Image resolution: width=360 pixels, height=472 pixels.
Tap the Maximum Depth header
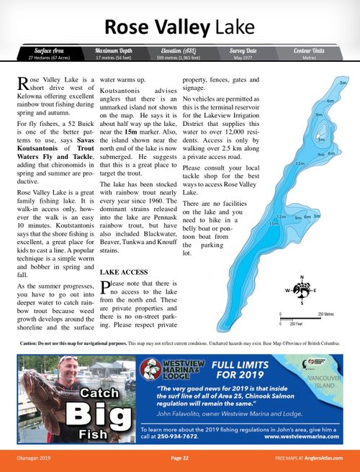[x=110, y=51]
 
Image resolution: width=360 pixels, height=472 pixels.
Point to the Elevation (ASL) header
[x=179, y=51]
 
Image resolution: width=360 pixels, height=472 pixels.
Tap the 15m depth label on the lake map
[x=274, y=224]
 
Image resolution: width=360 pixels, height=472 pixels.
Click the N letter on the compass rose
[x=302, y=278]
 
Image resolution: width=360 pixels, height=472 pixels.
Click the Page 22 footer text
[x=180, y=458]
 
